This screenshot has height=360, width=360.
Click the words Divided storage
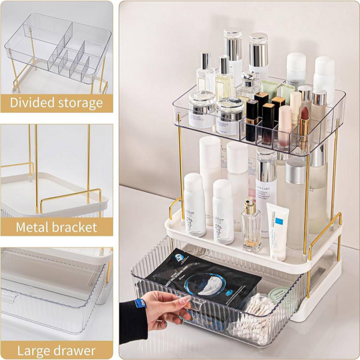(56, 103)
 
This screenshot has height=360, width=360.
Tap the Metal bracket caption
(56, 227)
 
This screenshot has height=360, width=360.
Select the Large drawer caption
(56, 351)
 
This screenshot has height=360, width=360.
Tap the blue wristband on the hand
(140, 305)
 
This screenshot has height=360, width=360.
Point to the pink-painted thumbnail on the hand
(185, 300)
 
